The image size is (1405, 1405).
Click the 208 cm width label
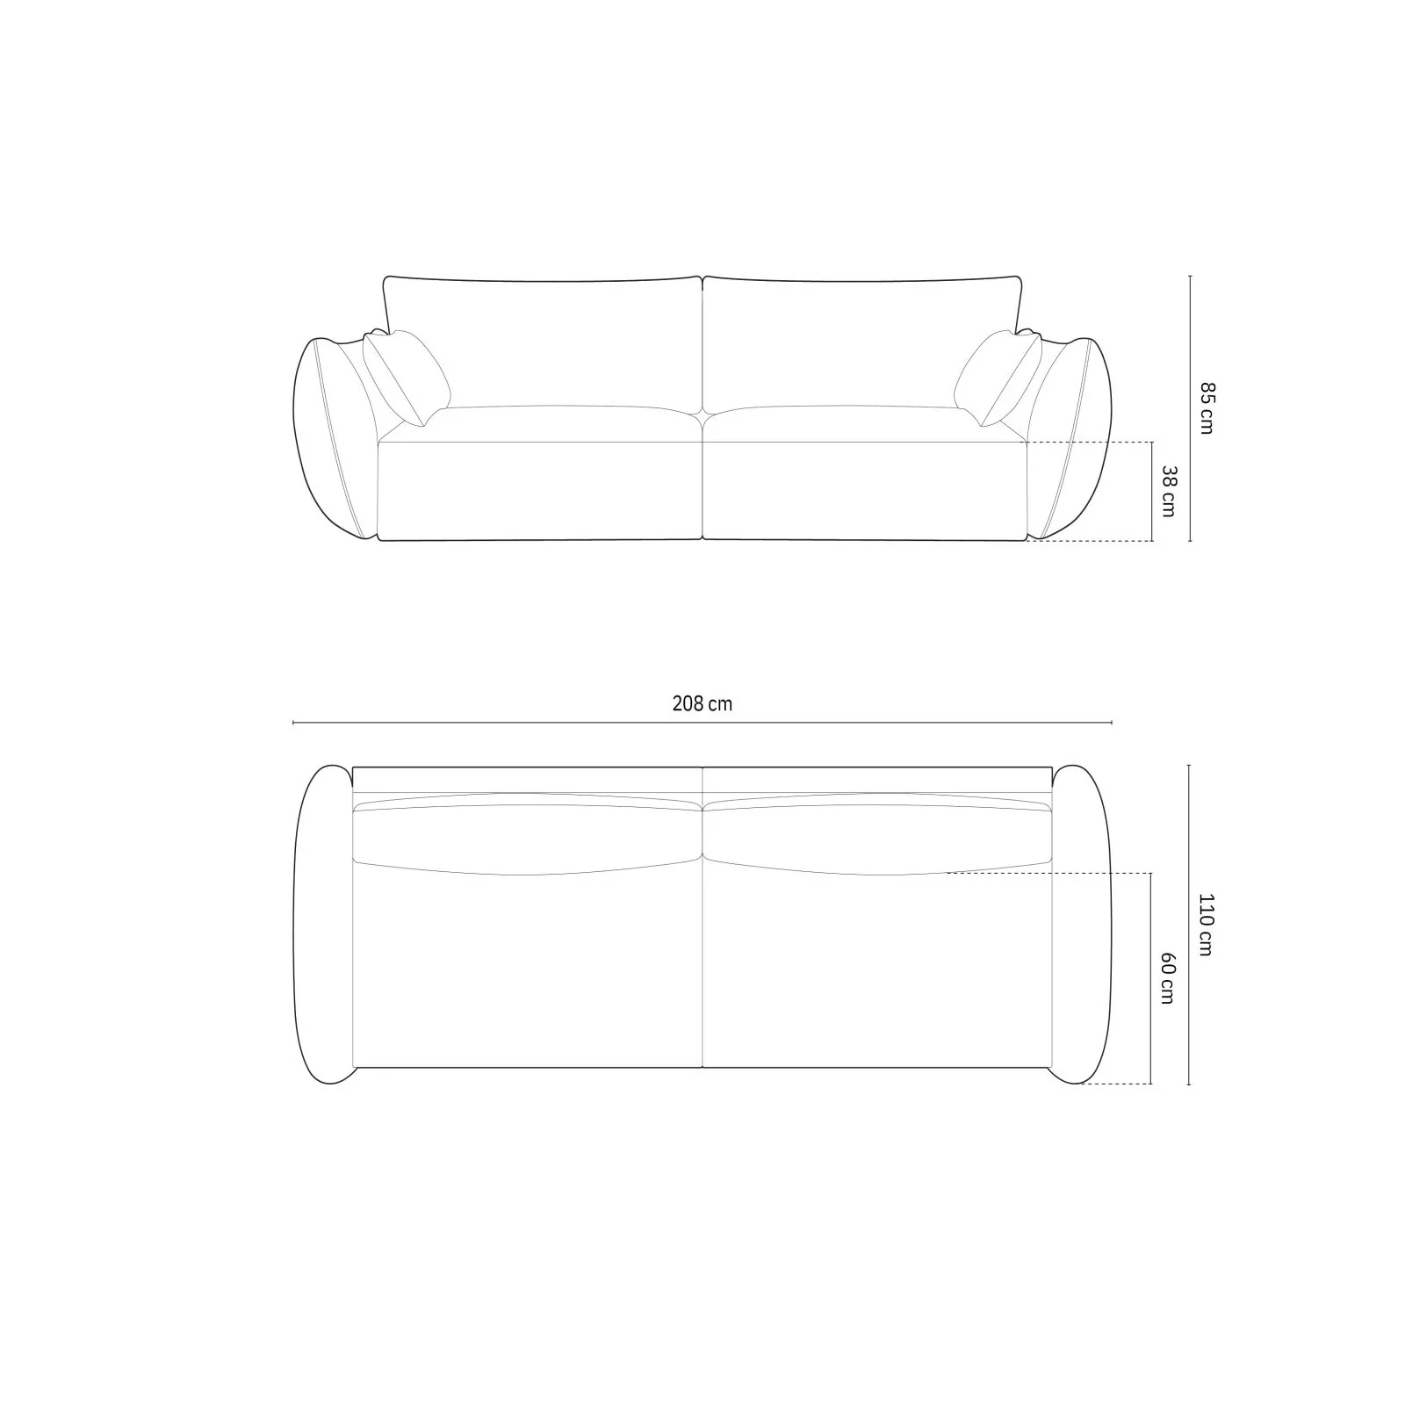(702, 703)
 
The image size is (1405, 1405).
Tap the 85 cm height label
(1207, 407)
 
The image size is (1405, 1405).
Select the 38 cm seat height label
(1169, 491)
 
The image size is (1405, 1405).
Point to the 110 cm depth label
(1207, 925)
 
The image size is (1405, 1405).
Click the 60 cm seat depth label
(1168, 978)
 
